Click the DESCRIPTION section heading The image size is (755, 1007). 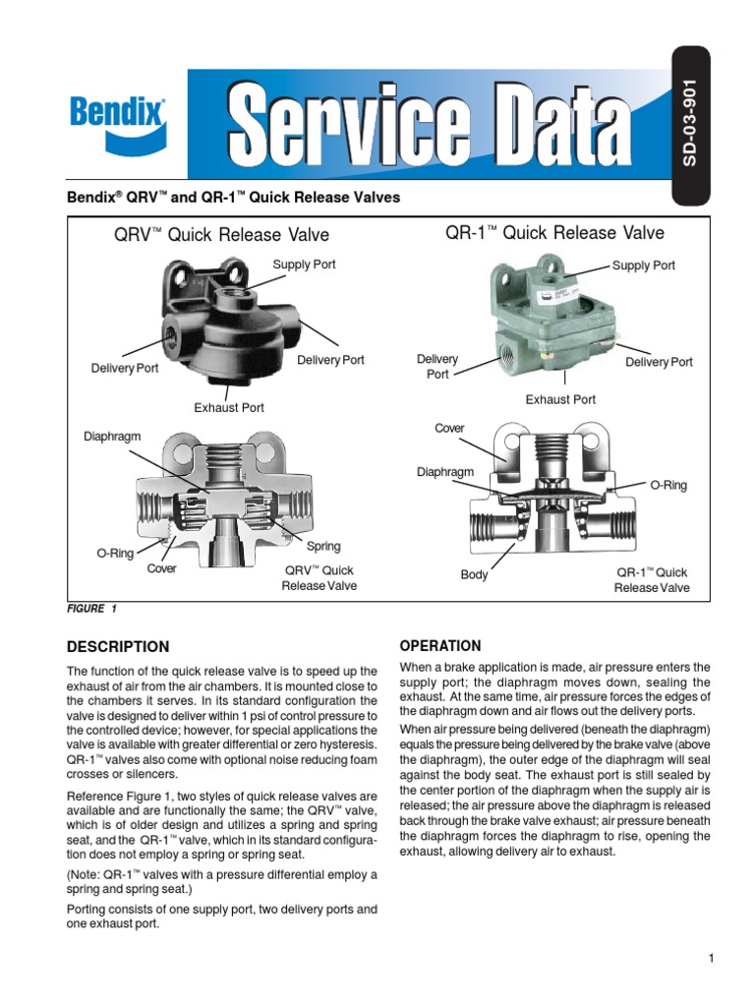pos(117,647)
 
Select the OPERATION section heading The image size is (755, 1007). pos(439,646)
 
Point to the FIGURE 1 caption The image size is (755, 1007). pos(91,609)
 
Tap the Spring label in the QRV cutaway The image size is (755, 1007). pos(323,546)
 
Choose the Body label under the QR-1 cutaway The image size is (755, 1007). pos(474,575)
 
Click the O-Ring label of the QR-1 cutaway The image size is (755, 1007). pos(668,486)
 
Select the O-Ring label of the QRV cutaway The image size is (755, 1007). pos(114,554)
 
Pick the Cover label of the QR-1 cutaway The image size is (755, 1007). pos(449,429)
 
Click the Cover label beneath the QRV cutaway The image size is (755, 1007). pos(161,569)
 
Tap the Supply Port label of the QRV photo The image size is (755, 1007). pos(304,266)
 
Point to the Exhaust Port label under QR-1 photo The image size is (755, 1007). pos(560,399)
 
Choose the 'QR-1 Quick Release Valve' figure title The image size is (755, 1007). pos(554,233)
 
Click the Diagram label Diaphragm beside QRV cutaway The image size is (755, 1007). pos(112,436)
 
